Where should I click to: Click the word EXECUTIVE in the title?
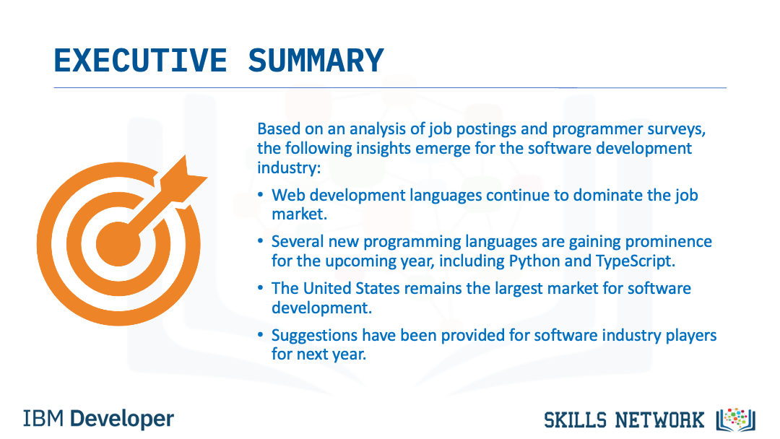pos(140,61)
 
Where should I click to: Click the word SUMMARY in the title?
pos(316,61)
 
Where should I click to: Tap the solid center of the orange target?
pos(118,244)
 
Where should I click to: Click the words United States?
pos(352,288)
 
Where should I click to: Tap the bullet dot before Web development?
pos(260,195)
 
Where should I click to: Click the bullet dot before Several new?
pos(260,242)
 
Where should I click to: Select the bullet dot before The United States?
pos(260,288)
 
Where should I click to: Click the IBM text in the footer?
pos(43,419)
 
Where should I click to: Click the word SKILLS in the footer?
pos(576,421)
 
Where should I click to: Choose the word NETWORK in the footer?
pos(659,421)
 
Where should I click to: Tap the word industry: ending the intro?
pos(289,168)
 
